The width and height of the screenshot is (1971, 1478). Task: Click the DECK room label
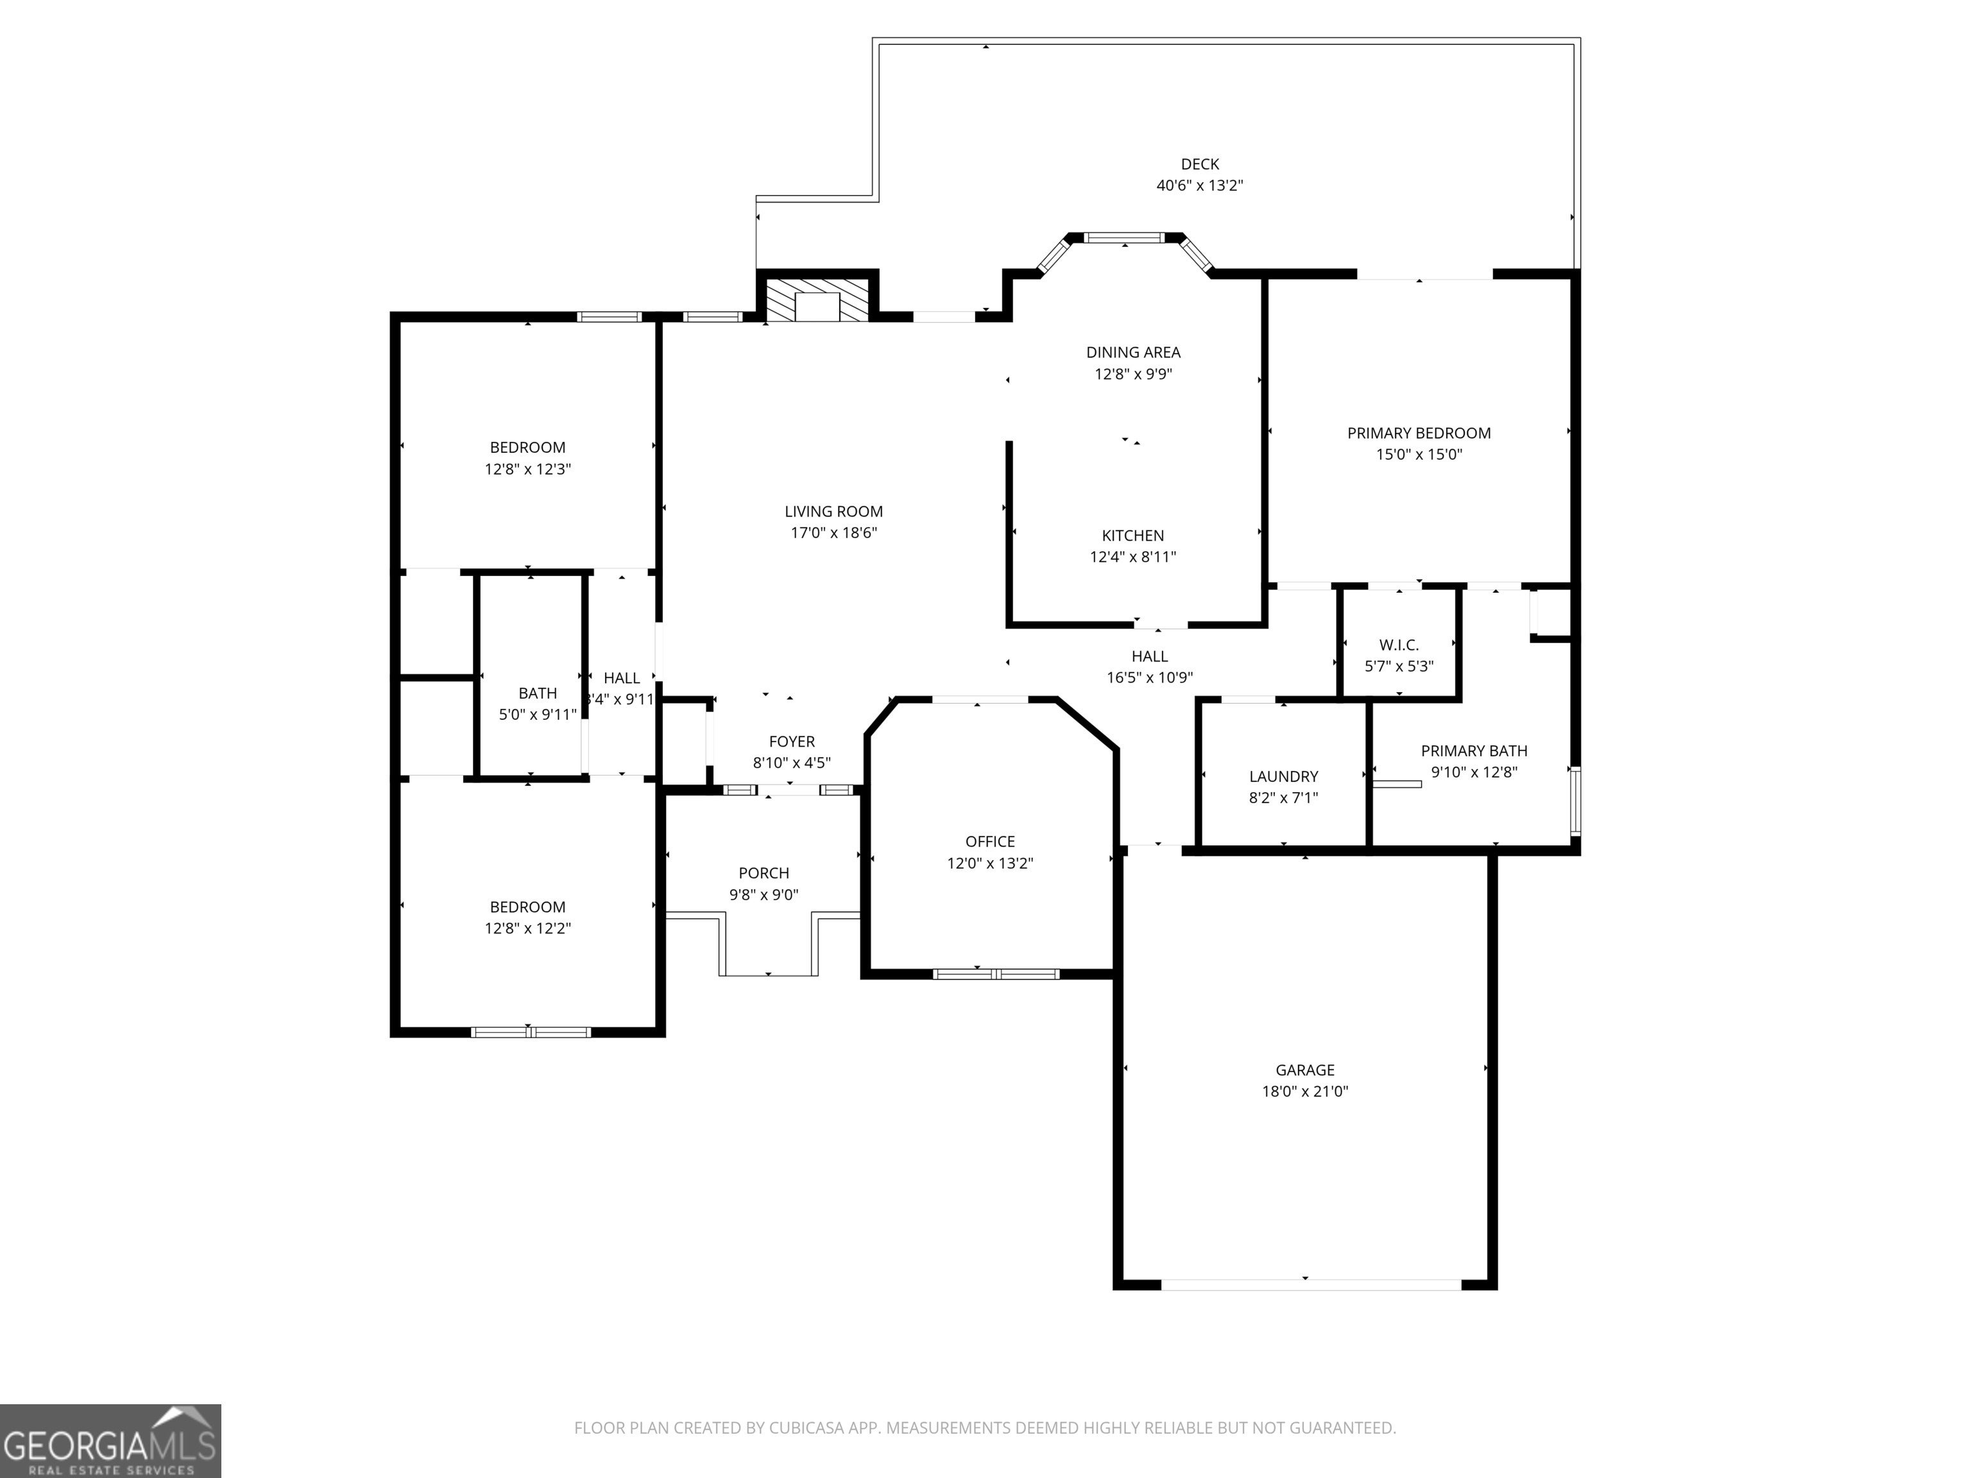pyautogui.click(x=1199, y=164)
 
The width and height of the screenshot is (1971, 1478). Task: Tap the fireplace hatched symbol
pyautogui.click(x=817, y=300)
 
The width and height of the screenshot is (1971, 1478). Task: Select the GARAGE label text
pyautogui.click(x=1304, y=1070)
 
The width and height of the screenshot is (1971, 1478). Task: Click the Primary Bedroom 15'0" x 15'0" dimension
pyautogui.click(x=1419, y=454)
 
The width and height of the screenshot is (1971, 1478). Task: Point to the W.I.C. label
pyautogui.click(x=1398, y=644)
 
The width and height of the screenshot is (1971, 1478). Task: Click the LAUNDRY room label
pyautogui.click(x=1283, y=776)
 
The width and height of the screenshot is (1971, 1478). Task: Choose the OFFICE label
pyautogui.click(x=990, y=841)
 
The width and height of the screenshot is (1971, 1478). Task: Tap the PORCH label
pyautogui.click(x=764, y=873)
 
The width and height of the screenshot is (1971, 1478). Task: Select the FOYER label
pyautogui.click(x=791, y=741)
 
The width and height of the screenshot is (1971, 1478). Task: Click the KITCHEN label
pyautogui.click(x=1132, y=536)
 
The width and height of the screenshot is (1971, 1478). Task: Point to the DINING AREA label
pyautogui.click(x=1132, y=352)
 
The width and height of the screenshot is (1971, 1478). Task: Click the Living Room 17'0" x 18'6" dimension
pyautogui.click(x=834, y=532)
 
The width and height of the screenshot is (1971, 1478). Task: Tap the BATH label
pyautogui.click(x=537, y=693)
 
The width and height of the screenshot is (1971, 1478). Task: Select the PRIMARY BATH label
pyautogui.click(x=1474, y=751)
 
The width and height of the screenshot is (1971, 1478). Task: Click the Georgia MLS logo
pyautogui.click(x=110, y=1441)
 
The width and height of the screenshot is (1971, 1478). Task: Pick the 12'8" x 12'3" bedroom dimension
pyautogui.click(x=527, y=469)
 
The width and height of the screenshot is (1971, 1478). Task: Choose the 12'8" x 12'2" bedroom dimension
pyautogui.click(x=527, y=928)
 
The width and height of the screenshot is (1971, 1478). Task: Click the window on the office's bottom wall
pyautogui.click(x=996, y=974)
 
